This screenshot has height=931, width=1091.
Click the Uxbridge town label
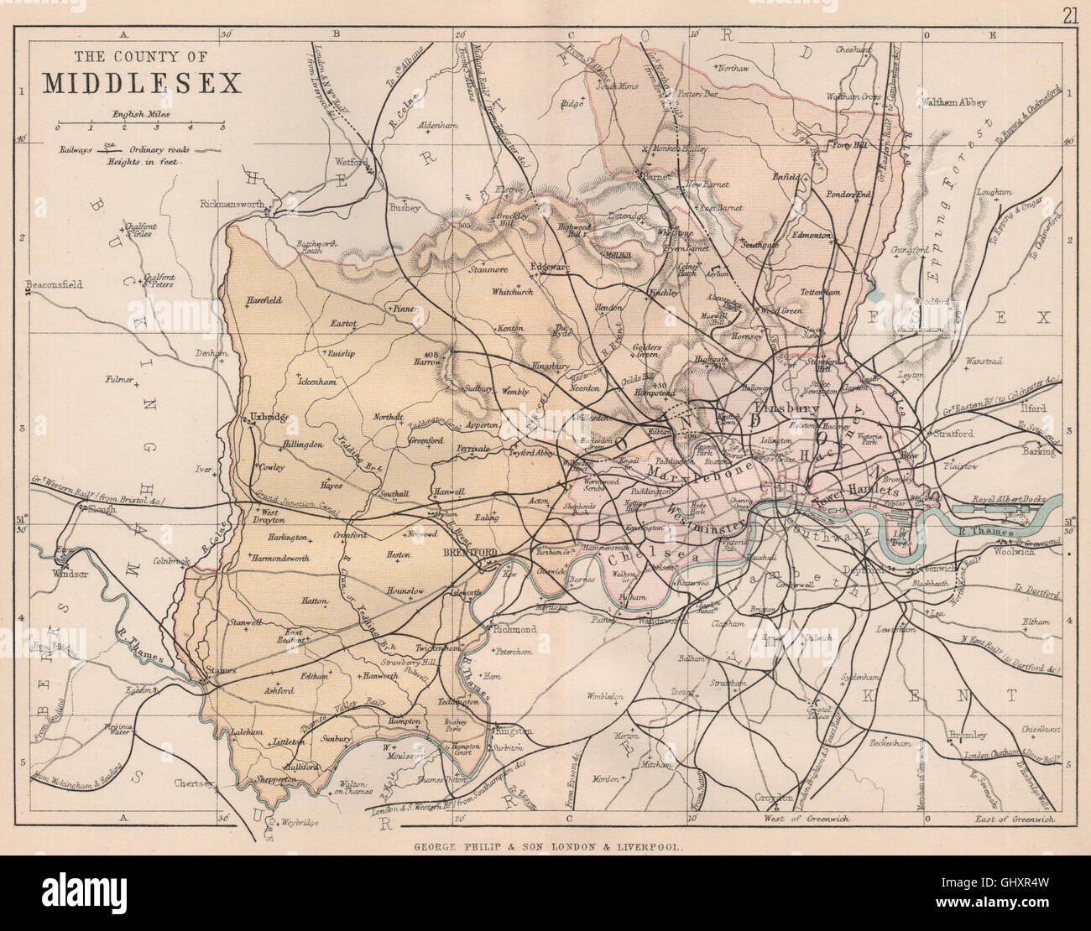pos(269,417)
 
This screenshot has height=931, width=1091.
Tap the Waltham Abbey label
pos(954,103)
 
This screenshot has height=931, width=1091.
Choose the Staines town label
pos(222,670)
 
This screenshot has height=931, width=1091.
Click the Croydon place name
pos(774,797)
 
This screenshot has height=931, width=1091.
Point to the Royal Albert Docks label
pos(1004,499)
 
